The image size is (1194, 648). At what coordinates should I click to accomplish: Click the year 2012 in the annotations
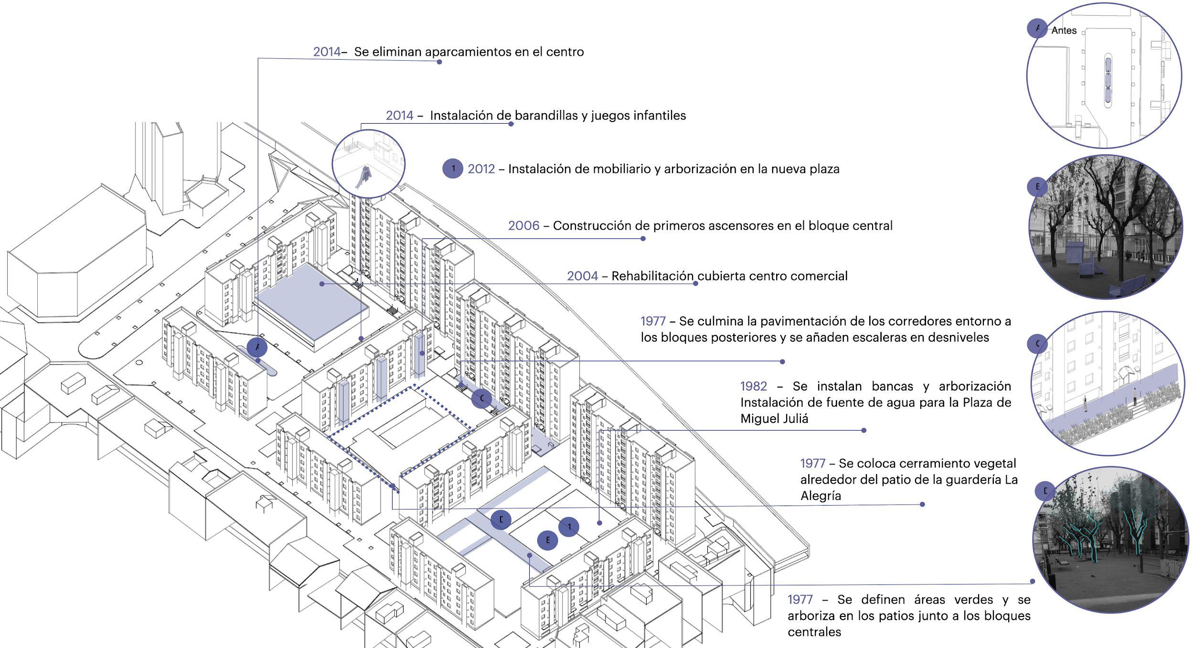click(x=481, y=169)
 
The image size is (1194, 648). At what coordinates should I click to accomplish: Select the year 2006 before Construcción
click(x=523, y=226)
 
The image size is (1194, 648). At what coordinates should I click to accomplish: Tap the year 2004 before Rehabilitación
click(x=582, y=276)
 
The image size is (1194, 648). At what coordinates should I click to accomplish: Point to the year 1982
click(x=754, y=386)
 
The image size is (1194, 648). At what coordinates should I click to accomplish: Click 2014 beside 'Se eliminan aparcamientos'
click(x=327, y=52)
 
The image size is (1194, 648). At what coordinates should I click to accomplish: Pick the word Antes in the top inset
click(x=1064, y=31)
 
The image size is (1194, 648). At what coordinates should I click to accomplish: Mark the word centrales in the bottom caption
click(x=814, y=632)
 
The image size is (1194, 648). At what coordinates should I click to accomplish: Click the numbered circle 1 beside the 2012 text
click(x=453, y=169)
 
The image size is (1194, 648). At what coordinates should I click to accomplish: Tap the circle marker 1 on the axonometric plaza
click(x=569, y=527)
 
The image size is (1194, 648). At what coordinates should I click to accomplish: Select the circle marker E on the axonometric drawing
click(x=547, y=540)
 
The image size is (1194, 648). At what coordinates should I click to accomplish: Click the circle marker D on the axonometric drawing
click(x=501, y=519)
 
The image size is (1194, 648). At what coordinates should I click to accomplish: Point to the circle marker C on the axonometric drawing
click(x=481, y=398)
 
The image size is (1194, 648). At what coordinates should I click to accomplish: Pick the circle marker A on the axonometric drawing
click(x=257, y=347)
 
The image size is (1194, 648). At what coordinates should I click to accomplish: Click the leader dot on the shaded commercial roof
click(x=322, y=284)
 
